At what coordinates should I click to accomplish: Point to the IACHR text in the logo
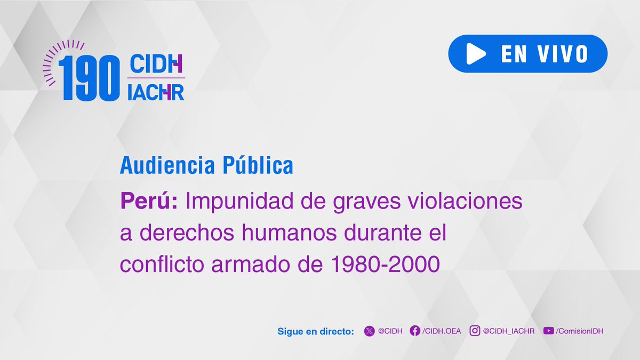tap(156, 92)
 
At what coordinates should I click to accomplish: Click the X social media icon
tap(369, 331)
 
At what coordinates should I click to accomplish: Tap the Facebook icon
tap(414, 331)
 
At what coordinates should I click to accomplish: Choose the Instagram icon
tap(475, 331)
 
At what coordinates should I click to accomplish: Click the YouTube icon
tap(548, 331)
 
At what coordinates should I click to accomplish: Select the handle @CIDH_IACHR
tap(508, 331)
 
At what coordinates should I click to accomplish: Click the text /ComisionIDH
tap(579, 331)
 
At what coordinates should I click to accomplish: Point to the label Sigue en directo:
tap(316, 331)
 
